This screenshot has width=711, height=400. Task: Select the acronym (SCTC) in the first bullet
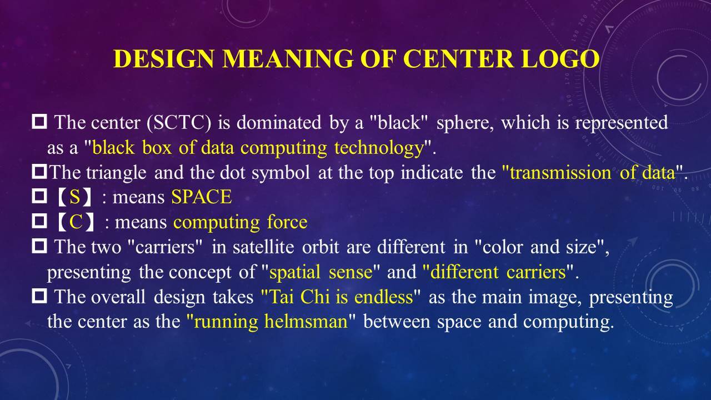[179, 123]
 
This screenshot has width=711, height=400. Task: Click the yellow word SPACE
[202, 197]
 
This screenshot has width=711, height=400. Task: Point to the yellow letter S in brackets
[75, 197]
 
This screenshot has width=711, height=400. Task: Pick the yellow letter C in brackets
[76, 222]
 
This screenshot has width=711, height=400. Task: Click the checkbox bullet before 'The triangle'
[39, 172]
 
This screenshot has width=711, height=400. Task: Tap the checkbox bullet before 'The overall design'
[39, 296]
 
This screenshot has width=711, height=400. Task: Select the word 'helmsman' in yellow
[306, 321]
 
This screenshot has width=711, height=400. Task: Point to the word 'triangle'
[116, 173]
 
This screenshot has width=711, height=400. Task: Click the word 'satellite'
[263, 247]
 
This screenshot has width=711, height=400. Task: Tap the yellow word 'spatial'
[294, 272]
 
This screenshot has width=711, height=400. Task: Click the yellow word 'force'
[287, 222]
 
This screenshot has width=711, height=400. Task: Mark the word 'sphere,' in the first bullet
[465, 123]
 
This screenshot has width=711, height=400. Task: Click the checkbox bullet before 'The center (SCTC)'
[39, 122]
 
